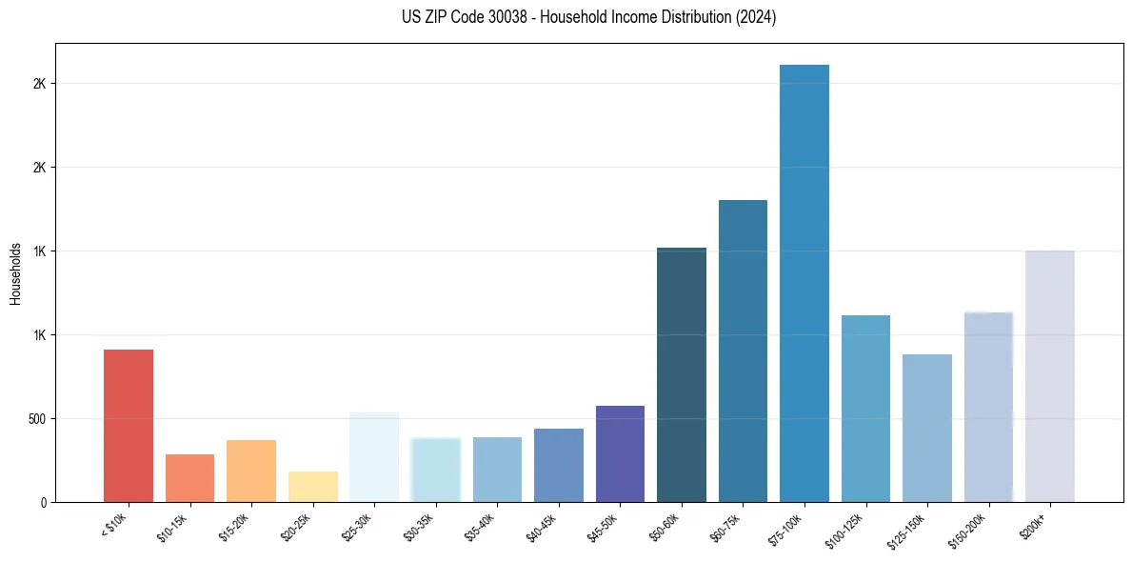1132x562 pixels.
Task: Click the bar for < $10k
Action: [x=129, y=426]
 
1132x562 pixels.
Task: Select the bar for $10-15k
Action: [x=189, y=478]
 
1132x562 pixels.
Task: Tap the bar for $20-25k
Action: [x=312, y=487]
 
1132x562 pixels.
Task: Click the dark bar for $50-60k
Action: [x=682, y=374]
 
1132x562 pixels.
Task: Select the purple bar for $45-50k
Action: [x=620, y=454]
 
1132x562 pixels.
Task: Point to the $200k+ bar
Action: [x=1049, y=376]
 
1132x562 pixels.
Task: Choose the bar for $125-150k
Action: [x=926, y=428]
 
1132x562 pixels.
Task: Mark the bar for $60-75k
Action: [x=743, y=351]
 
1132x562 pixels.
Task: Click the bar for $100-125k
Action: [x=865, y=409]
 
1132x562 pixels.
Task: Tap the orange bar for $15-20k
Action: [x=251, y=471]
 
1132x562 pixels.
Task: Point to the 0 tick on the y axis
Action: [x=43, y=502]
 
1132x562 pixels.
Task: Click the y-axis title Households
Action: [x=15, y=273]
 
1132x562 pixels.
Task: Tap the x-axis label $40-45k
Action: [x=542, y=526]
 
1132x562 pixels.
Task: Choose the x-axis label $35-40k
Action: [x=481, y=526]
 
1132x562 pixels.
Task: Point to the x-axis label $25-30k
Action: [x=358, y=526]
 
